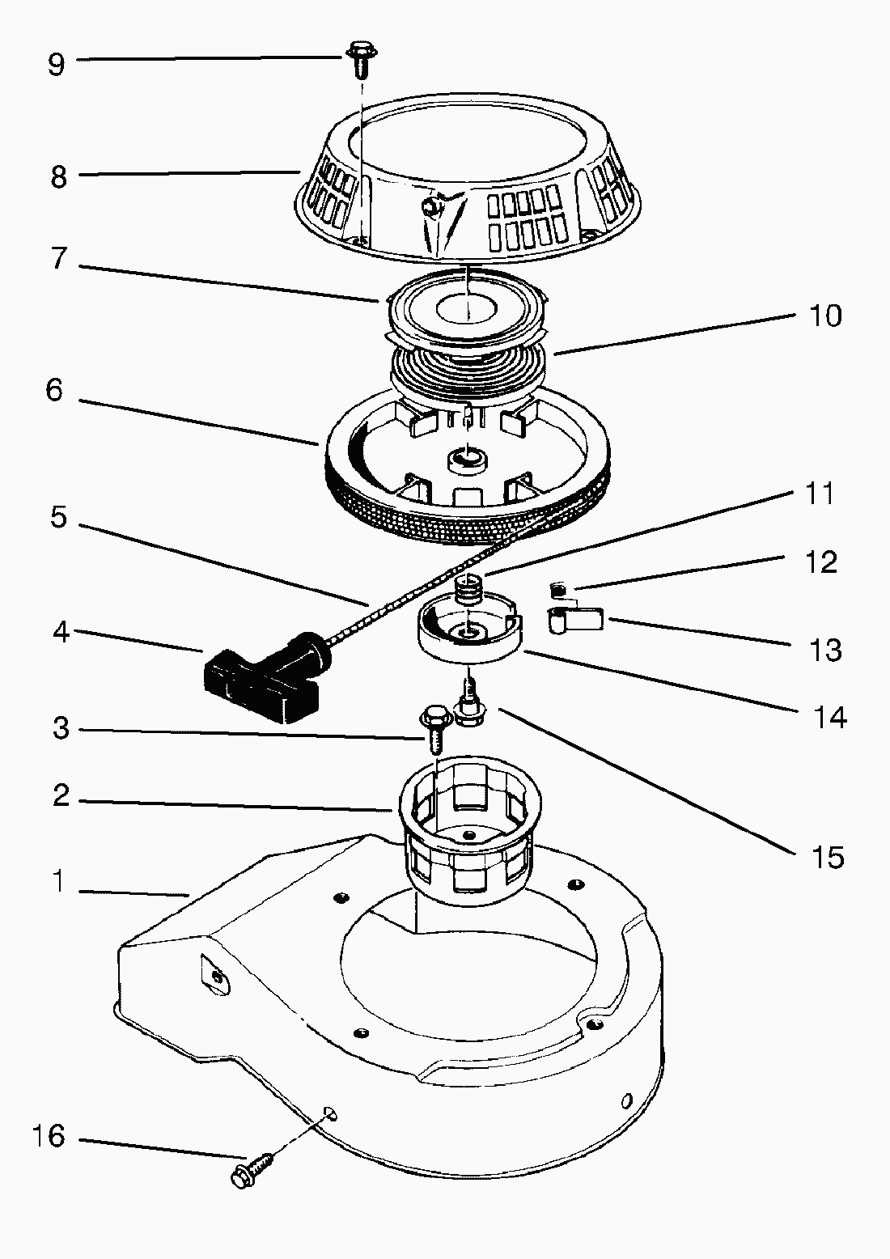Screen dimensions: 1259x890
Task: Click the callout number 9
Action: pos(56,63)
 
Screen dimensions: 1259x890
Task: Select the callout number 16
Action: pos(49,1135)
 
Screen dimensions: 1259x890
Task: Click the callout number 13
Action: pos(825,650)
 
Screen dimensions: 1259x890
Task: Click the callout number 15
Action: pos(827,857)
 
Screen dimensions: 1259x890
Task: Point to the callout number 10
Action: pos(825,315)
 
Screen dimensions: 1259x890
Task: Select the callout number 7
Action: pos(57,261)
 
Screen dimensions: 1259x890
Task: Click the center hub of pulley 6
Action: pos(468,461)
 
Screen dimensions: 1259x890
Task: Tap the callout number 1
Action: pos(57,882)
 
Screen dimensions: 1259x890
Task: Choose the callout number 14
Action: pos(829,717)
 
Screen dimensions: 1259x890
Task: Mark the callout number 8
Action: pos(58,176)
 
